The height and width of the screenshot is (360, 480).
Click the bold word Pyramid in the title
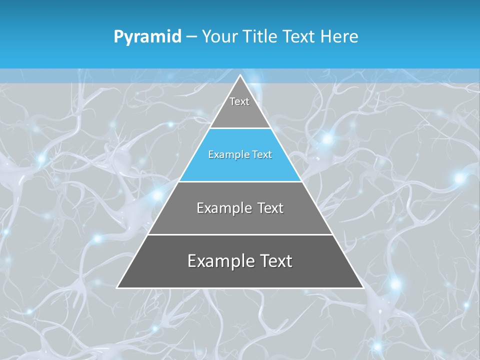click(x=147, y=37)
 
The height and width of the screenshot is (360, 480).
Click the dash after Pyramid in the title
click(x=191, y=37)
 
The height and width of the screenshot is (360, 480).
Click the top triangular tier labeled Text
click(x=239, y=107)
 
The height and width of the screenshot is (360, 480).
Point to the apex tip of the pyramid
click(x=240, y=76)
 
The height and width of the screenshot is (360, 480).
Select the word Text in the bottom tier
click(x=274, y=261)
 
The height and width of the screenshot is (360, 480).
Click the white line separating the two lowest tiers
click(x=240, y=234)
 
